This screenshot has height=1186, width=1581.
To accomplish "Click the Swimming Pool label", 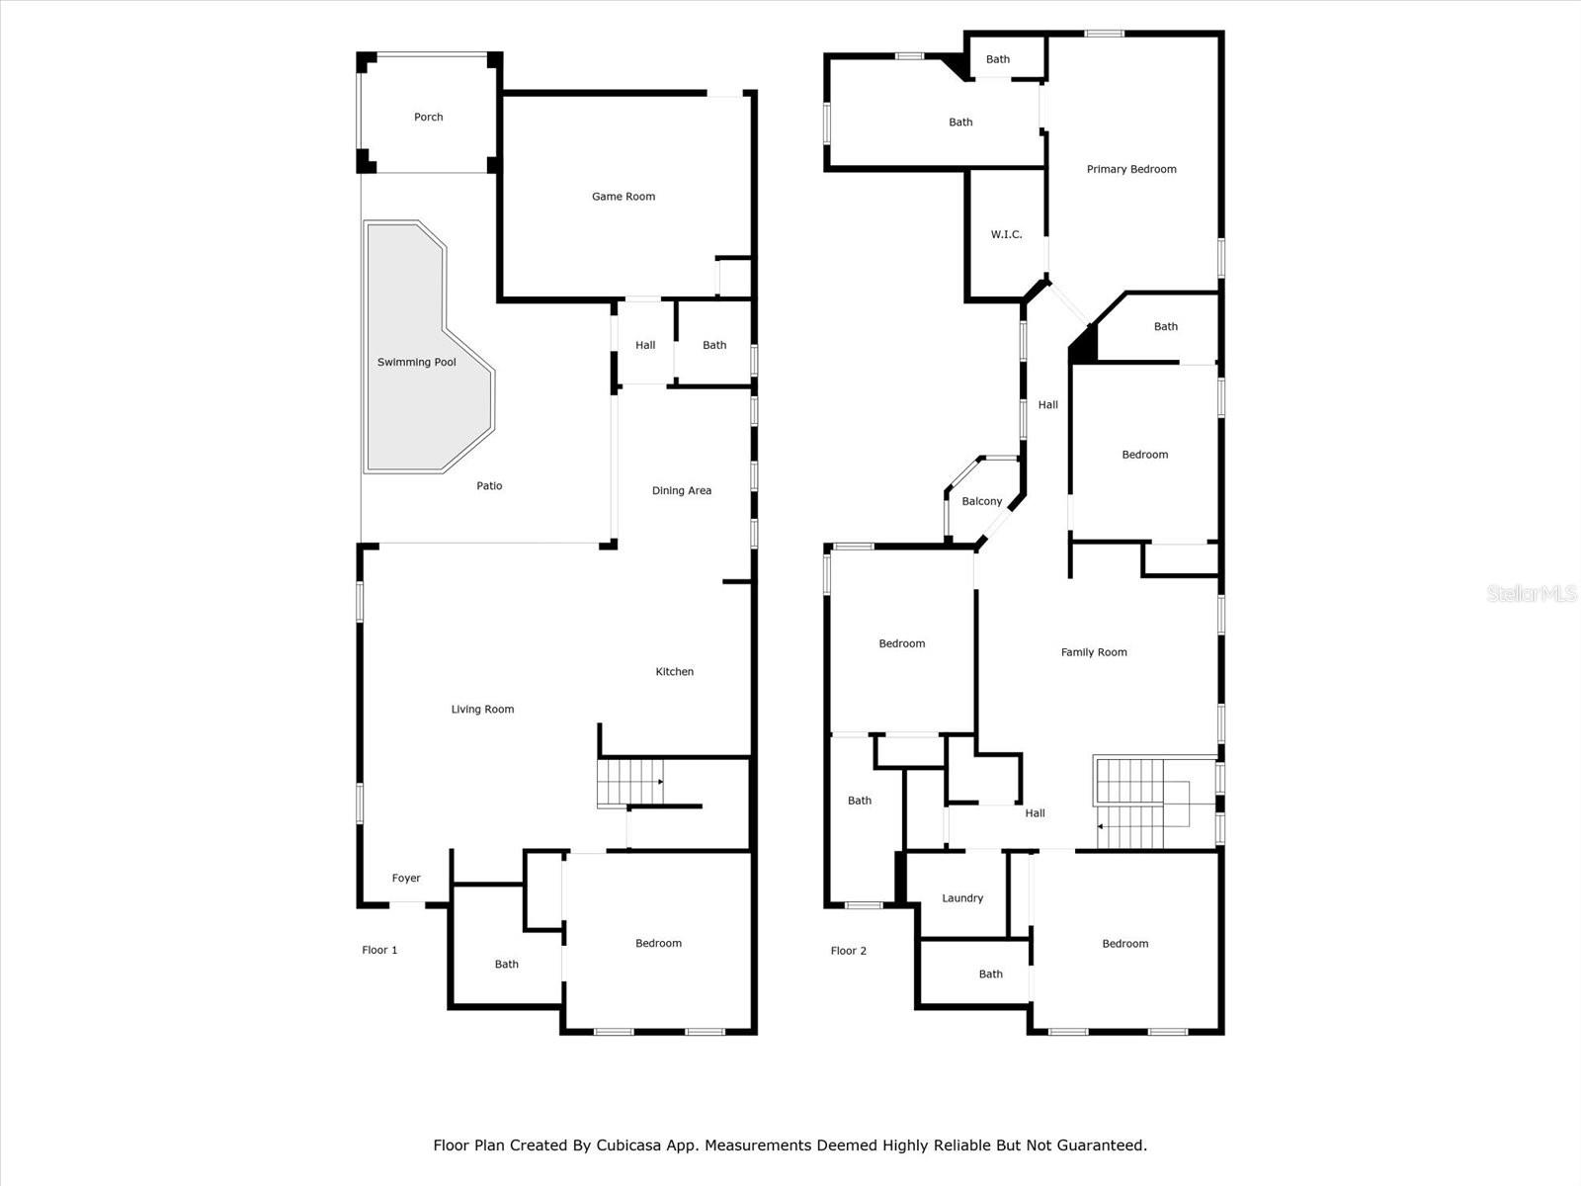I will [416, 363].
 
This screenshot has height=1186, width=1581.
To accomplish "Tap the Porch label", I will [428, 118].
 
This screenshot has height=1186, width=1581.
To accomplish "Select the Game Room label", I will [623, 197].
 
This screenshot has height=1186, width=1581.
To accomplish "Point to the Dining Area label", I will [681, 491].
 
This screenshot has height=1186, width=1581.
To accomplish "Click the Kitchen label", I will [674, 672].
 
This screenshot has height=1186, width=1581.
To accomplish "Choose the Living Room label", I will [482, 710].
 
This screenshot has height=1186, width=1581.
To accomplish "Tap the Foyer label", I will [405, 879].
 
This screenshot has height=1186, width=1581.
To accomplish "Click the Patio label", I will [489, 486].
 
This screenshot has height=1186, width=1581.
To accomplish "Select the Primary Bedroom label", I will [1130, 170].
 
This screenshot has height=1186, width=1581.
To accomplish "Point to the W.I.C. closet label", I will [1006, 235].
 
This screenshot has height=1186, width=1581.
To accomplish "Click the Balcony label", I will [981, 502].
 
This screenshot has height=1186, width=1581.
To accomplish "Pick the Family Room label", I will [1093, 652].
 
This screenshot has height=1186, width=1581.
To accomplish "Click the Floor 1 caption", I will [379, 951].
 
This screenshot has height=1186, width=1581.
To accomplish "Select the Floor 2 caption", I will [848, 952].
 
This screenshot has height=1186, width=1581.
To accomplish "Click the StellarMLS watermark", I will [1532, 594].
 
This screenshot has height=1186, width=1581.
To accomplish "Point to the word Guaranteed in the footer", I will [1100, 1146].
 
